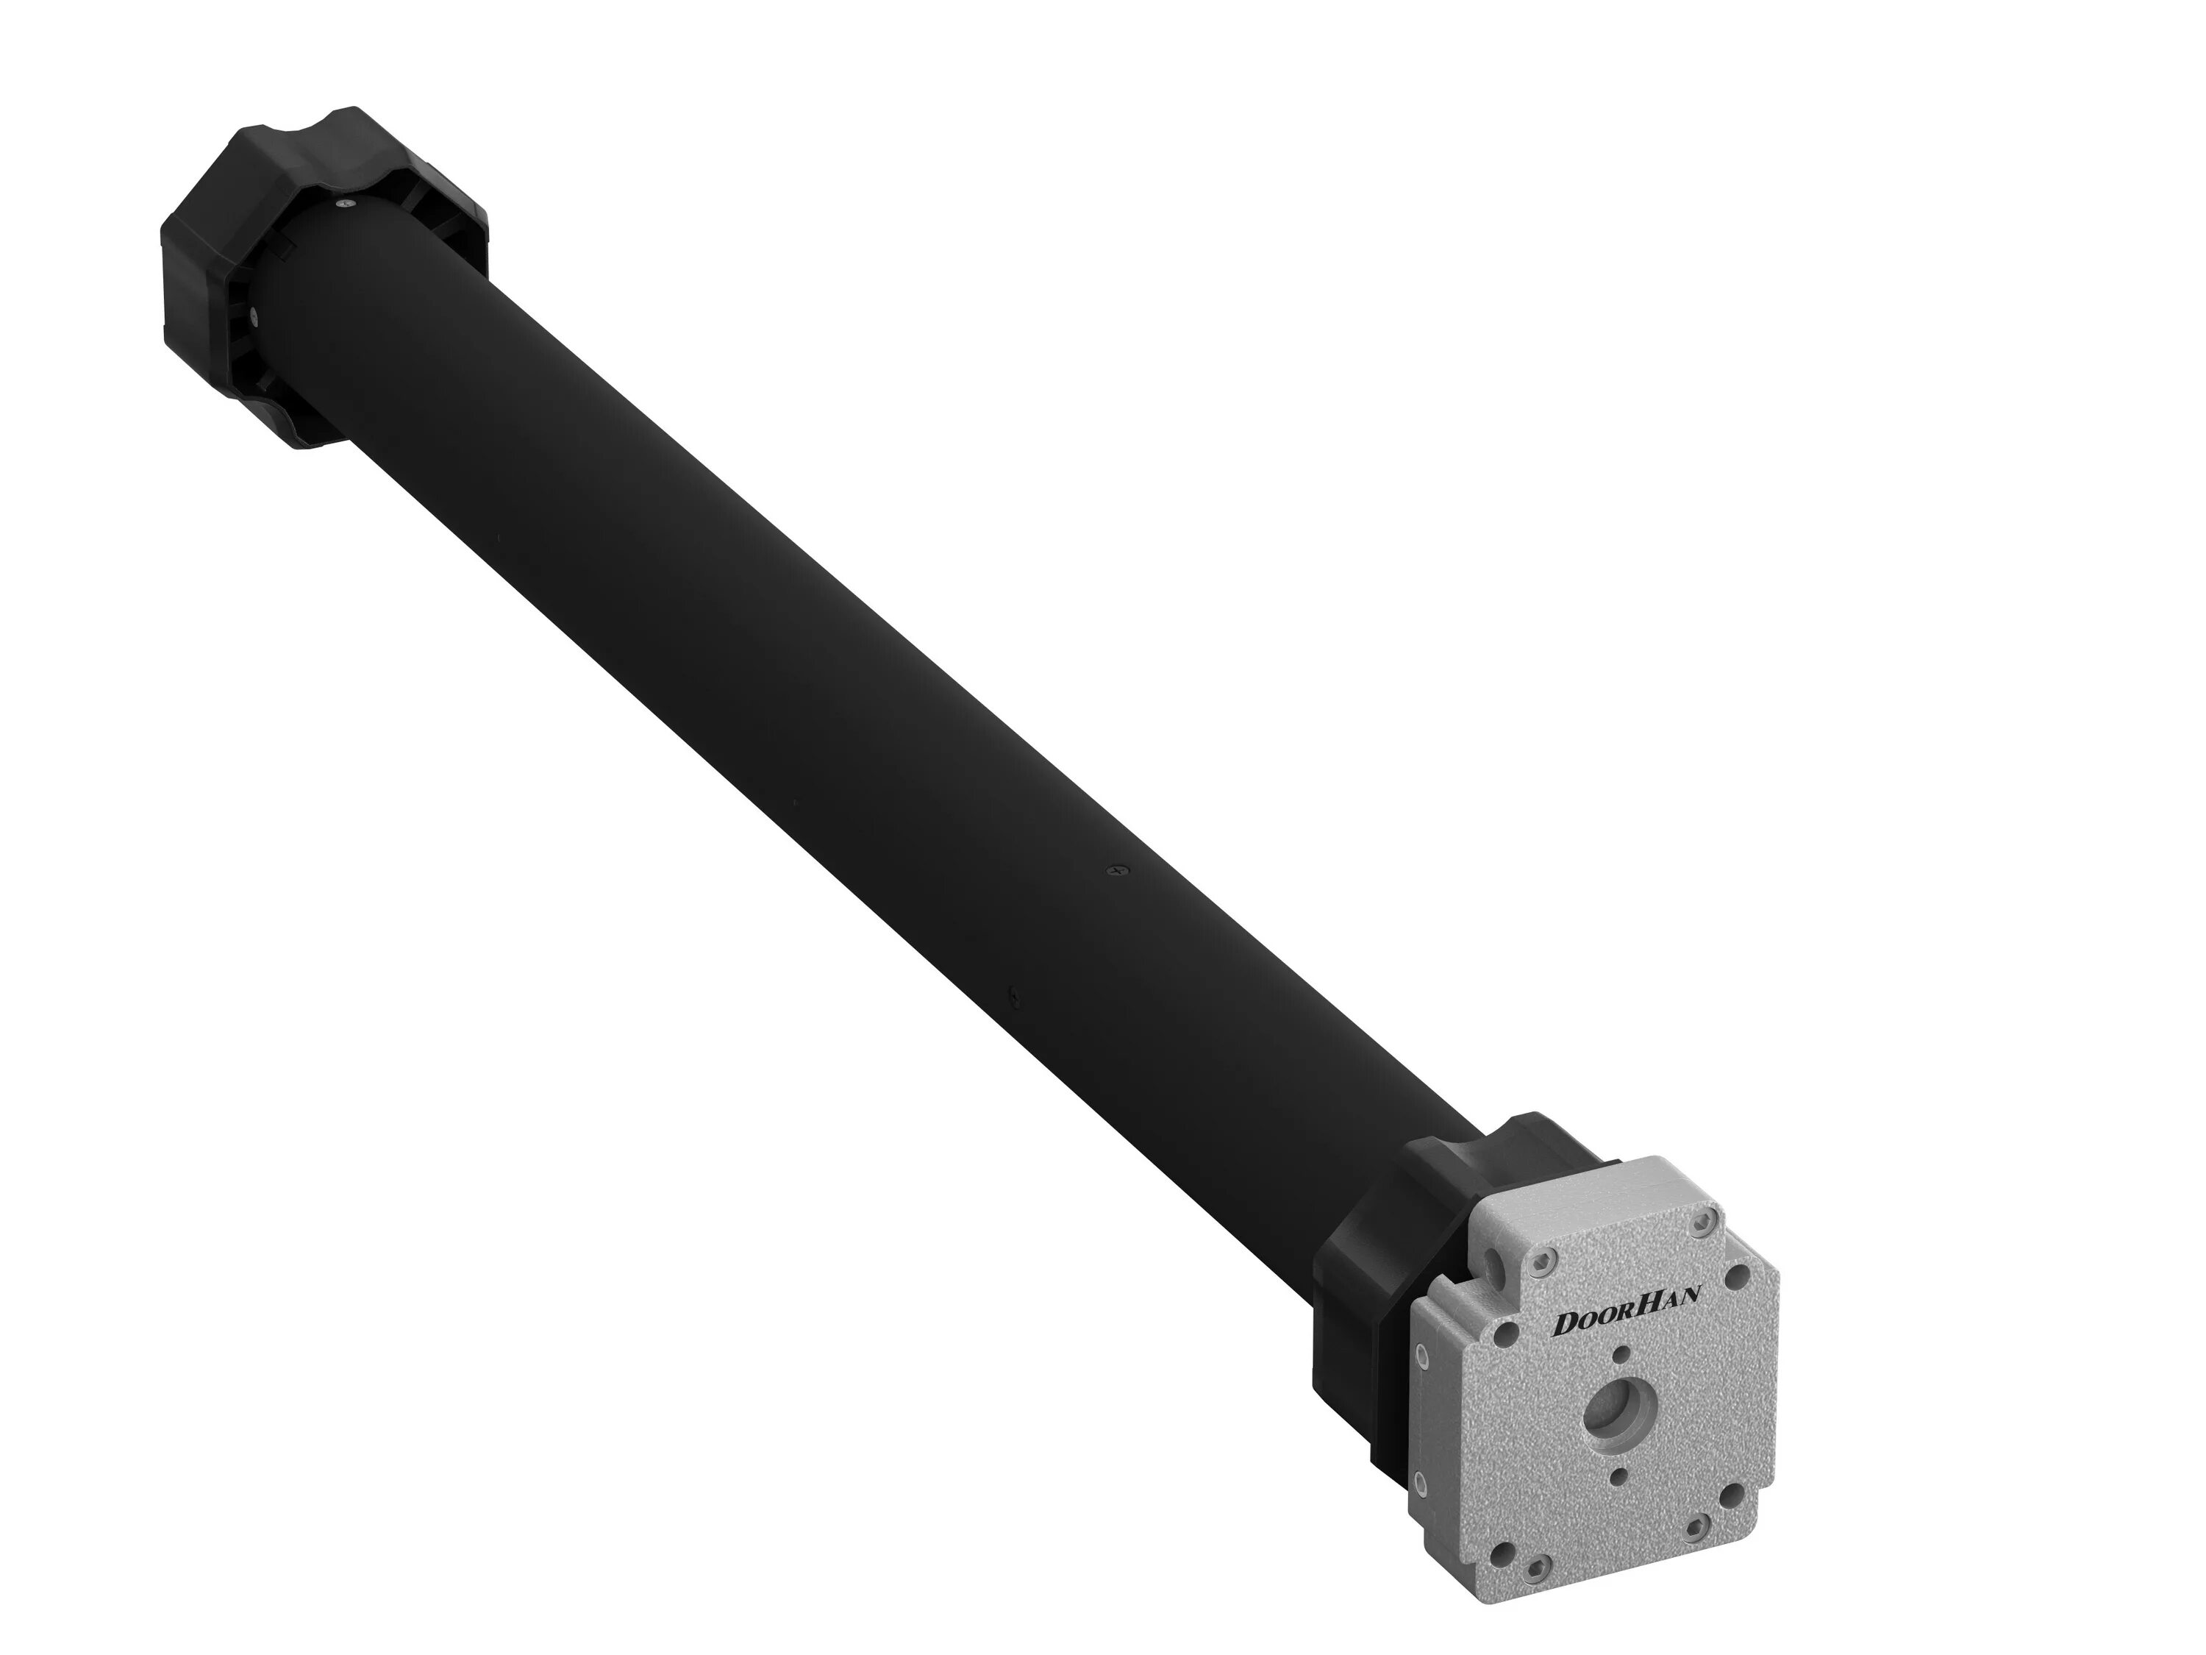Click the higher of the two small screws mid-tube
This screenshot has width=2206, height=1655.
1114,871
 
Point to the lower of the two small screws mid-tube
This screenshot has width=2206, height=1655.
1013,994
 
